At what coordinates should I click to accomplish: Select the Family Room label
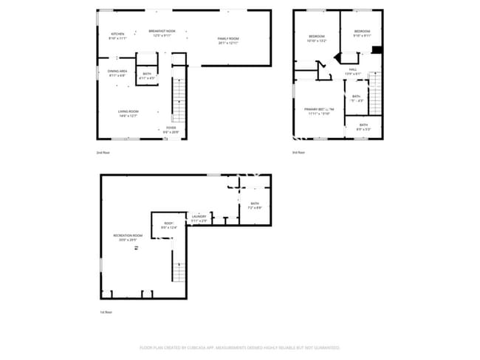click(x=227, y=40)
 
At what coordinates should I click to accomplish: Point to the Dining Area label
click(x=117, y=73)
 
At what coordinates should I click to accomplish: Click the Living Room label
click(x=128, y=113)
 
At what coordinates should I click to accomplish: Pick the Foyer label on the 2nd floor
click(x=171, y=130)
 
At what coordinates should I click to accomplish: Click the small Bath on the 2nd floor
click(x=147, y=75)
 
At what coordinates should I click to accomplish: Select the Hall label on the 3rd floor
click(x=353, y=72)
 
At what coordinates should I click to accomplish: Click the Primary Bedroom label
click(x=317, y=111)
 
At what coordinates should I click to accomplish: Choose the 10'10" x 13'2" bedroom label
click(x=317, y=38)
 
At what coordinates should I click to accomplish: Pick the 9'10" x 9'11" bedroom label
click(x=361, y=33)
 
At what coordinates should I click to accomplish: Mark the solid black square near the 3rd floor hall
click(x=377, y=50)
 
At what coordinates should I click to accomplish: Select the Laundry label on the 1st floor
click(x=199, y=218)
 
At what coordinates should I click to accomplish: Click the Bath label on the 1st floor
click(x=255, y=205)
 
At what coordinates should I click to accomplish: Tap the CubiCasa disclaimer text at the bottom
click(x=239, y=347)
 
